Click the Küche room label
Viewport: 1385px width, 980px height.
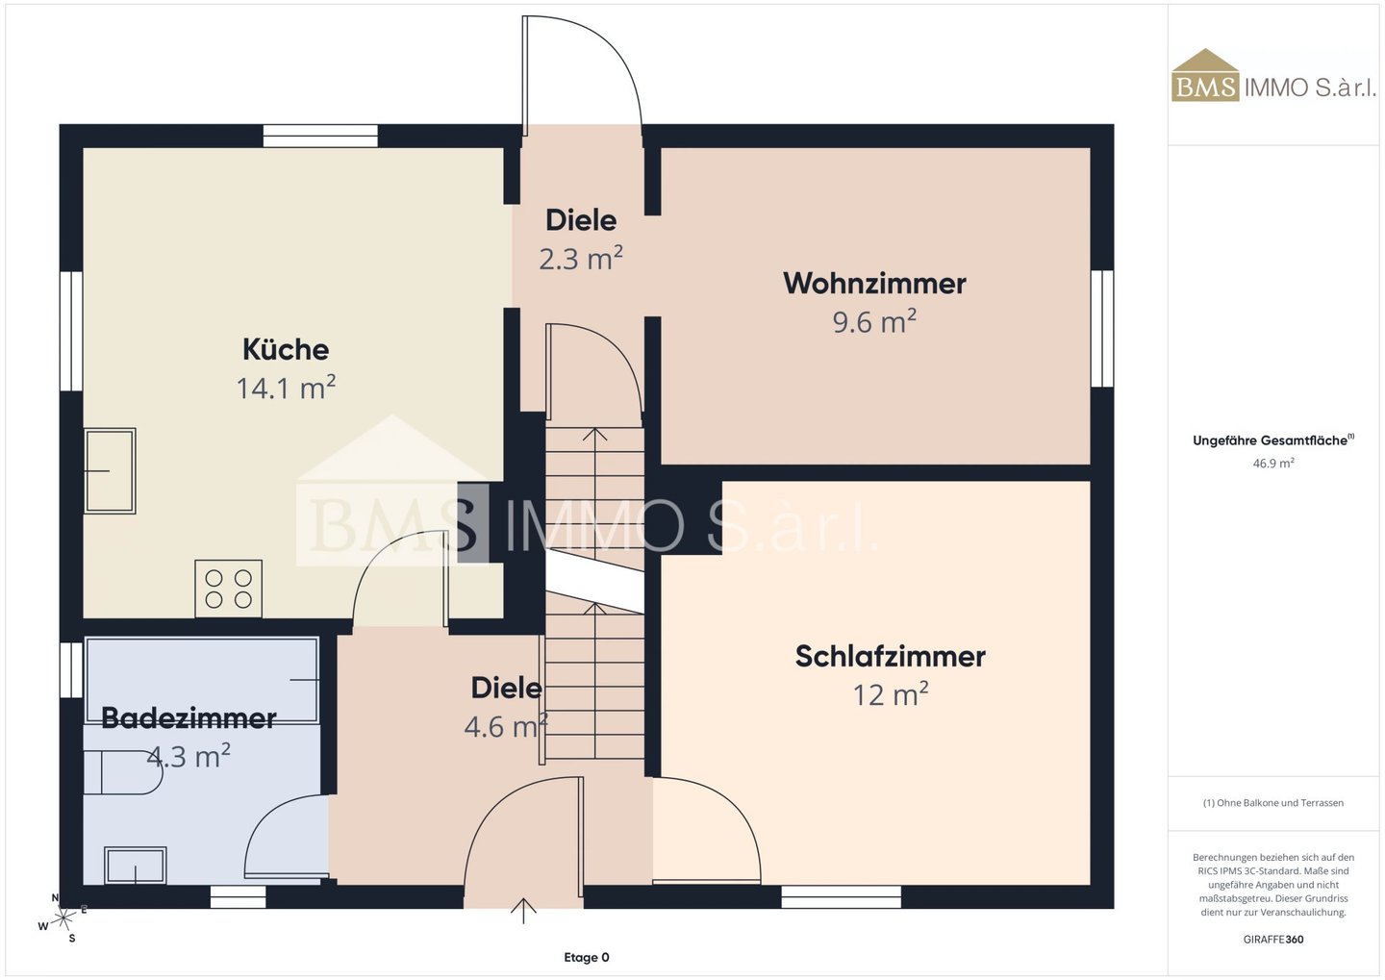pyautogui.click(x=286, y=349)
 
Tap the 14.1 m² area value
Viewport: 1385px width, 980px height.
pyautogui.click(x=286, y=388)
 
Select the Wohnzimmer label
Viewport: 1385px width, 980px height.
pyautogui.click(x=874, y=283)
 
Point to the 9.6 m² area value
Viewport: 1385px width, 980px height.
pyautogui.click(x=874, y=321)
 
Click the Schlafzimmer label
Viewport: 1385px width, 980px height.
pyautogui.click(x=891, y=656)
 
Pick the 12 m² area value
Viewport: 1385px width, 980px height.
pyautogui.click(x=891, y=694)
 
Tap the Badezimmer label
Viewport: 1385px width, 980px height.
pyautogui.click(x=189, y=717)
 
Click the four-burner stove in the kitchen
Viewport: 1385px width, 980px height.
pyautogui.click(x=228, y=589)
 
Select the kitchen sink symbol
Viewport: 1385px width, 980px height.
pyautogui.click(x=110, y=470)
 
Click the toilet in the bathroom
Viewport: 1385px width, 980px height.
pyautogui.click(x=122, y=772)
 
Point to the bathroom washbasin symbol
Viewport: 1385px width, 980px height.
pyautogui.click(x=136, y=865)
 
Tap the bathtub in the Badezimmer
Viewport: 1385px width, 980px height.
pyautogui.click(x=202, y=680)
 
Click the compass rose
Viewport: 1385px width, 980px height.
pyautogui.click(x=63, y=918)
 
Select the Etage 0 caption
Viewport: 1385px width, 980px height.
pyautogui.click(x=586, y=957)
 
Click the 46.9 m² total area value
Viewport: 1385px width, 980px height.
pyautogui.click(x=1273, y=464)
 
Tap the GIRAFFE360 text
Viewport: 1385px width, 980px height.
pyautogui.click(x=1273, y=940)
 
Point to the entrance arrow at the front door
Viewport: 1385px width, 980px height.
pyautogui.click(x=523, y=910)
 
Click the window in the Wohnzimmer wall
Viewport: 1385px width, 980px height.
pyautogui.click(x=1102, y=328)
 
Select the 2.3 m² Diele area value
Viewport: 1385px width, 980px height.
pyautogui.click(x=581, y=259)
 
